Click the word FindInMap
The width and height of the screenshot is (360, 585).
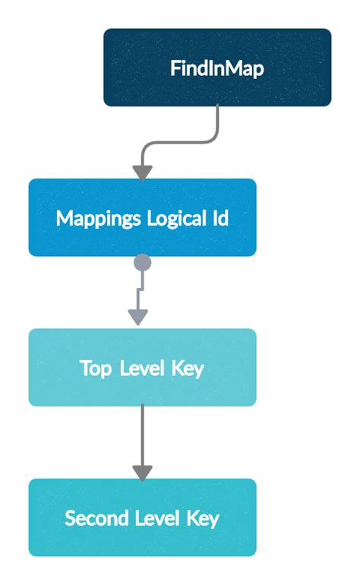point(217,68)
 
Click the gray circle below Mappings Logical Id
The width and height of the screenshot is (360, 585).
point(142,263)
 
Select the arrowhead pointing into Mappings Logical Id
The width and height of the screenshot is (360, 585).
point(142,172)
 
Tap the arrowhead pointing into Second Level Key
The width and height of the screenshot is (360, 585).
point(142,472)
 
